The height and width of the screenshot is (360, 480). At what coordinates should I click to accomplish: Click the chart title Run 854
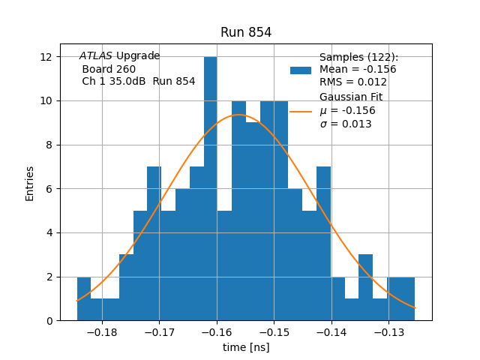(x=246, y=32)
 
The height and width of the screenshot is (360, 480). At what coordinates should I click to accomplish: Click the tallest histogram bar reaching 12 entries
(x=211, y=187)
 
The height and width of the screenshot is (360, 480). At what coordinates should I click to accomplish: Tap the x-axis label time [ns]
(x=246, y=347)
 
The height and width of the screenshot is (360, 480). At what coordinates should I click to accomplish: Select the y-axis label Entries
(x=30, y=183)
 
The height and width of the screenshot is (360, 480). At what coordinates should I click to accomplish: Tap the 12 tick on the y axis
(x=46, y=57)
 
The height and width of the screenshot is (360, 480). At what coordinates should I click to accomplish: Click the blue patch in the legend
(x=301, y=70)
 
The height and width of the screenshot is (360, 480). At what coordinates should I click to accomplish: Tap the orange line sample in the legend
(x=301, y=111)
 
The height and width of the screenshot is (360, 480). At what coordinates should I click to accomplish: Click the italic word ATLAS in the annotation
(x=96, y=56)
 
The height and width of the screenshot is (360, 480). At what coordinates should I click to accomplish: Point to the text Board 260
(x=109, y=69)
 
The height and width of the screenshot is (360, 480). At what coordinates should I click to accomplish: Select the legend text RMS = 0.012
(x=353, y=82)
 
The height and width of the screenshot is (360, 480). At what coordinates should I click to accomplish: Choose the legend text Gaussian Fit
(x=351, y=97)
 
